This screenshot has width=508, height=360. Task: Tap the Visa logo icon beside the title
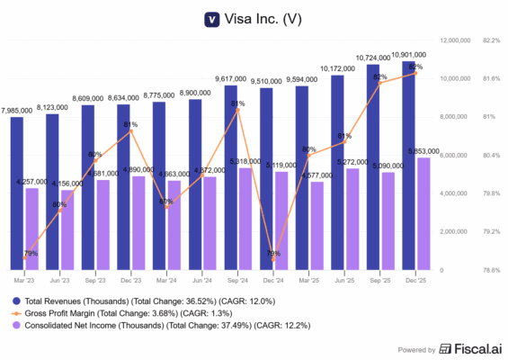[x=212, y=17]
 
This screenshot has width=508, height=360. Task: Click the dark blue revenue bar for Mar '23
[x=17, y=193]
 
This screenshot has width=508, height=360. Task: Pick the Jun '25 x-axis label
[x=343, y=280]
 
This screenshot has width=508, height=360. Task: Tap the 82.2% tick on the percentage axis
[x=492, y=40]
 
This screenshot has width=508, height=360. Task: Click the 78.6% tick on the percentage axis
[x=492, y=270]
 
